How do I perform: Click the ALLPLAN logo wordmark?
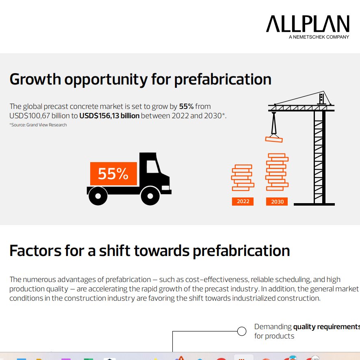coord(308,24)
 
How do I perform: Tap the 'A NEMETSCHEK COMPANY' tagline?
coord(319,37)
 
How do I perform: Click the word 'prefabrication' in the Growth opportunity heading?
coord(223,79)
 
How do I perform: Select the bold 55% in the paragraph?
coord(186,107)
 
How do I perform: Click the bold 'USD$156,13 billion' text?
coord(109,116)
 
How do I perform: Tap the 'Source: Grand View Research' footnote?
coord(38,125)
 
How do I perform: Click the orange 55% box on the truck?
coord(113,174)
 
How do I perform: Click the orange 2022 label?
coord(243,202)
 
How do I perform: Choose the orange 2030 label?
coord(277,202)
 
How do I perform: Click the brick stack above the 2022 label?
coord(242,178)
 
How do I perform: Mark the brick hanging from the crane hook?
coord(273,139)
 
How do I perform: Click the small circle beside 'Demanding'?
coord(242,331)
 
